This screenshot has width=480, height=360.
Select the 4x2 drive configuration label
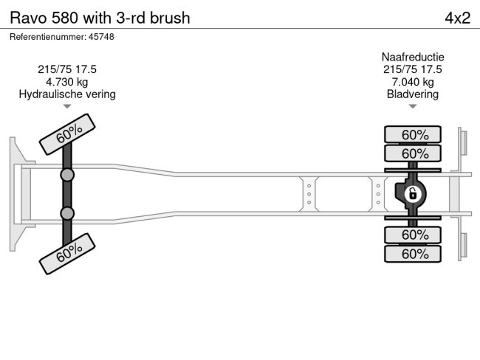(x=457, y=18)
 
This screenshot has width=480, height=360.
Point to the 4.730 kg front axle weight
(x=67, y=82)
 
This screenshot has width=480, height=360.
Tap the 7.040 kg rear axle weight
(x=412, y=82)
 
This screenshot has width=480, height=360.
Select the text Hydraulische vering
(x=67, y=94)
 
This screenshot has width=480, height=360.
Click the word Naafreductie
(x=412, y=57)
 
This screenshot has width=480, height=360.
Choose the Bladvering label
(x=412, y=94)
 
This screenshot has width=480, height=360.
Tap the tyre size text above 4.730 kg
(x=67, y=69)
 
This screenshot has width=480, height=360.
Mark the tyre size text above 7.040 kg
(x=412, y=69)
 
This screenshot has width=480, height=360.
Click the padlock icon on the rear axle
(x=413, y=195)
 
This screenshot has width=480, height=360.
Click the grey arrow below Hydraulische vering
(x=67, y=107)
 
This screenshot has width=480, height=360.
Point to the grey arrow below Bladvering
(x=412, y=107)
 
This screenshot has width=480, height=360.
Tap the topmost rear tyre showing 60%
(x=413, y=134)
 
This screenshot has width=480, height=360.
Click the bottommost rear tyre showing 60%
(x=413, y=254)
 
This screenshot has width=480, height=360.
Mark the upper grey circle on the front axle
(x=67, y=175)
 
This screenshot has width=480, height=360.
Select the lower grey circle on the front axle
(x=67, y=213)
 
